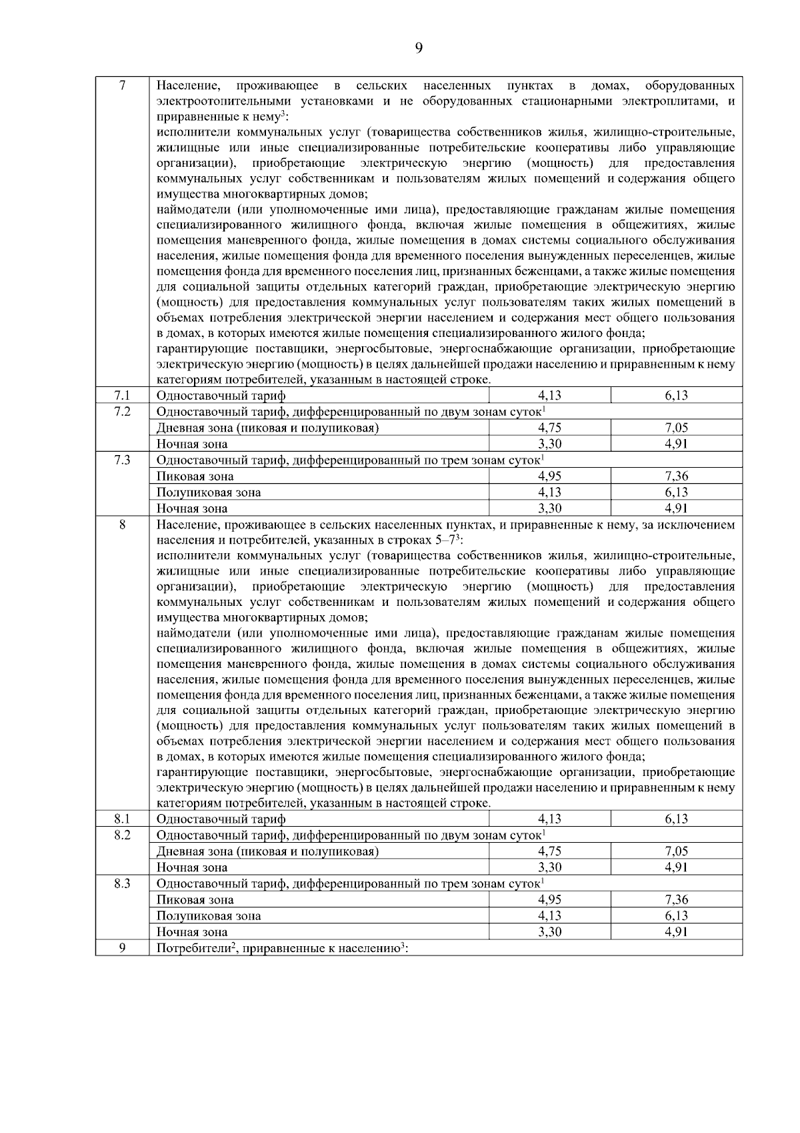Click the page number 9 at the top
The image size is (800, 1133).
[x=418, y=47]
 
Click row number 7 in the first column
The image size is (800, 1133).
[x=122, y=85]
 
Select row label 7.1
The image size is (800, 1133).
[x=122, y=396]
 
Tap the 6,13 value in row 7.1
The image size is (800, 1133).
[x=676, y=396]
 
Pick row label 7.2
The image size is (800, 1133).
[x=122, y=412]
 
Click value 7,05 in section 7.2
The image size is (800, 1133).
[x=676, y=428]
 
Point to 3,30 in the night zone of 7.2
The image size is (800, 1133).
[x=549, y=444]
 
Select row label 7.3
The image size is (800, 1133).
[x=122, y=460]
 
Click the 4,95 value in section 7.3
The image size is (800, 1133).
[x=549, y=476]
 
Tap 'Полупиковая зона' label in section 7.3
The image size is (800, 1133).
[x=208, y=492]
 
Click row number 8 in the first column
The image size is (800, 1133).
[x=122, y=524]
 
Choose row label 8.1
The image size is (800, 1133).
[x=122, y=819]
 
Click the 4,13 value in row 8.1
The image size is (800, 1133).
[x=549, y=819]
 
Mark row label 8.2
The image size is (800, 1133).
[x=122, y=835]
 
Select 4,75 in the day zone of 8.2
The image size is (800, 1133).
[x=549, y=851]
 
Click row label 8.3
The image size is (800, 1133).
[x=122, y=883]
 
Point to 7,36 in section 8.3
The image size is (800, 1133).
[x=676, y=899]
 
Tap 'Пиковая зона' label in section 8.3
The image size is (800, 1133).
[x=195, y=899]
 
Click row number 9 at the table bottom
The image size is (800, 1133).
[x=122, y=948]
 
